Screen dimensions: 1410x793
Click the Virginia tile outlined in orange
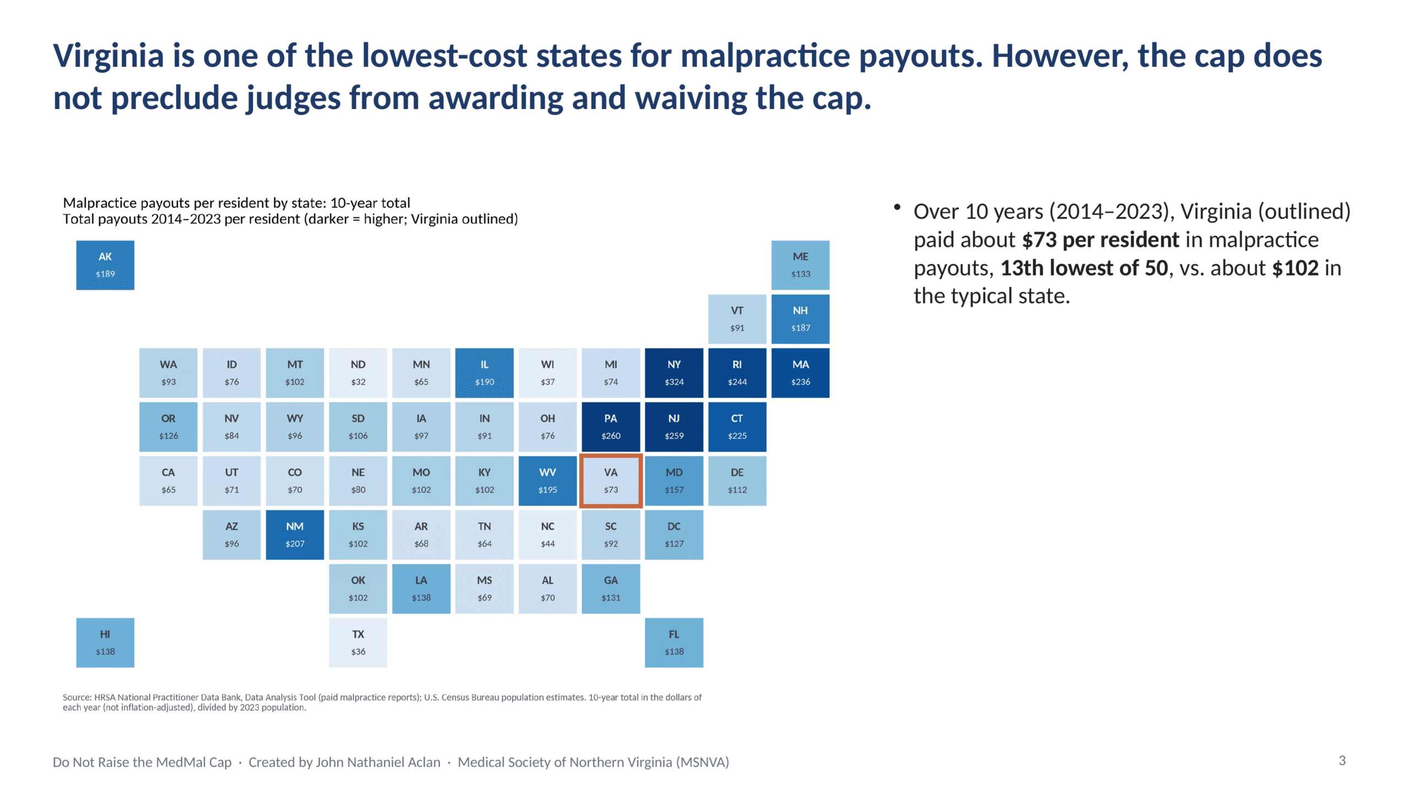coord(610,481)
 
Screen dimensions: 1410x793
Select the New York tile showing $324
coord(674,373)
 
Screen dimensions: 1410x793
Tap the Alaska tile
coord(105,265)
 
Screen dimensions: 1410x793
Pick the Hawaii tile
coord(105,643)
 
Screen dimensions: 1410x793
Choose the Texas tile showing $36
coord(358,643)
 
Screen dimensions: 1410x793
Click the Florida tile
coord(674,643)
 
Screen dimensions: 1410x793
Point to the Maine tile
coord(800,265)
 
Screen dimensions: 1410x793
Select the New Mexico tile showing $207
coord(295,535)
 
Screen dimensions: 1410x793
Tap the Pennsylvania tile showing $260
coord(610,427)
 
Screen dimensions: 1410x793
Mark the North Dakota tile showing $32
coord(358,373)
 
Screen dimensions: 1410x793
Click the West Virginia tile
coord(547,481)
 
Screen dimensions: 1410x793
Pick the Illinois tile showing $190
coord(484,373)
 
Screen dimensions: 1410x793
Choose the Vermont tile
coord(737,319)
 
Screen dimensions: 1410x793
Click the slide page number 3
coord(1342,761)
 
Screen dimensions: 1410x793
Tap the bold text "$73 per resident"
coord(1100,240)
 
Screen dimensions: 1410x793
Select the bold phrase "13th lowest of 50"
coord(1084,268)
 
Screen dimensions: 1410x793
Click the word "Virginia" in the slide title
coord(109,56)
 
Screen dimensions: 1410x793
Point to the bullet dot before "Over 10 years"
coord(897,207)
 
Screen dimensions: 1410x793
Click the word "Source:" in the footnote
coord(77,697)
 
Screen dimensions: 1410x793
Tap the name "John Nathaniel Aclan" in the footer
coord(378,762)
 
